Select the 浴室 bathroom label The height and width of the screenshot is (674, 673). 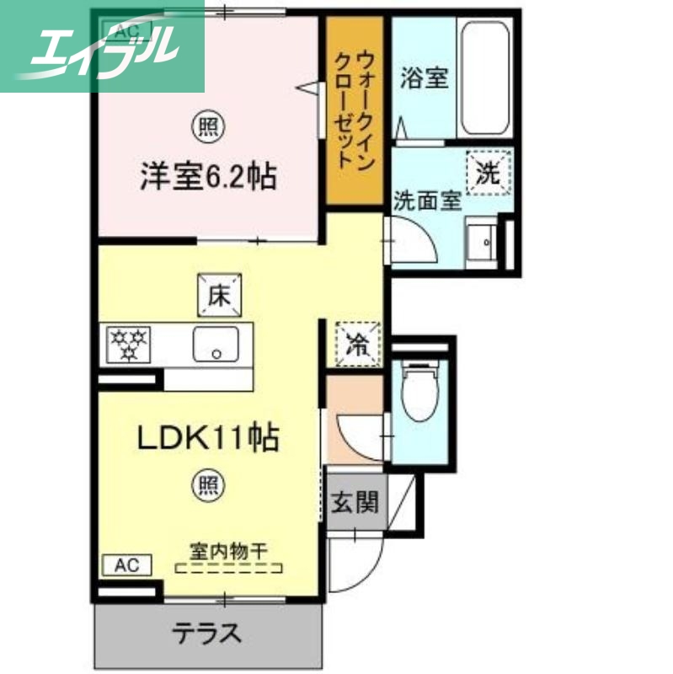point(424,80)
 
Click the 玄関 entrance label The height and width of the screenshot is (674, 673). point(353,504)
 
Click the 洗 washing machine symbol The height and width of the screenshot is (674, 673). point(489,172)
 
